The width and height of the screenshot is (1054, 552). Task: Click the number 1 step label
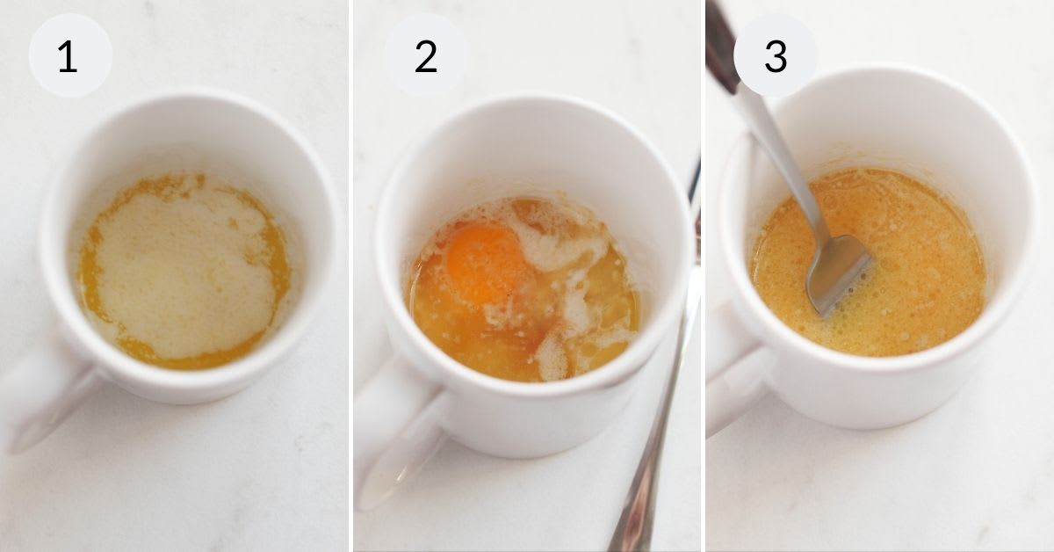click(x=68, y=56)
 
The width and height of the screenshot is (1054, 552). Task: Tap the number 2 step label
click(x=426, y=56)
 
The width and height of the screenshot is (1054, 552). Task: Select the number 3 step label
click(x=776, y=56)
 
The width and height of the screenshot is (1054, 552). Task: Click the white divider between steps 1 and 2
click(x=351, y=276)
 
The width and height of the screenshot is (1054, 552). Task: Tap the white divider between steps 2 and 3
click(x=703, y=276)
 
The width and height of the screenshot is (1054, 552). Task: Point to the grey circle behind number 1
click(x=70, y=55)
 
